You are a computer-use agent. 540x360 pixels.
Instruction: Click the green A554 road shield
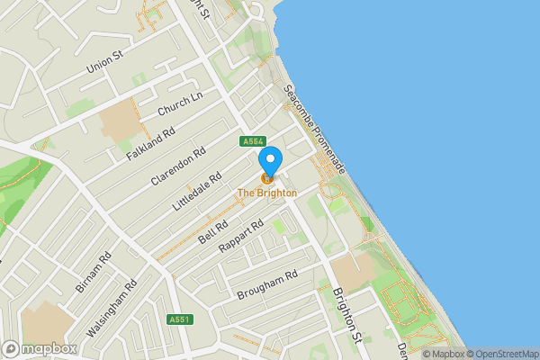pyautogui.click(x=252, y=141)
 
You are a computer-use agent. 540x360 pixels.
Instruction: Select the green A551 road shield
pyautogui.click(x=179, y=319)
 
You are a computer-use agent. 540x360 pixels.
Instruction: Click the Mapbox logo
pyautogui.click(x=40, y=348)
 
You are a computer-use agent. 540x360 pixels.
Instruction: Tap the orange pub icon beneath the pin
pyautogui.click(x=267, y=178)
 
